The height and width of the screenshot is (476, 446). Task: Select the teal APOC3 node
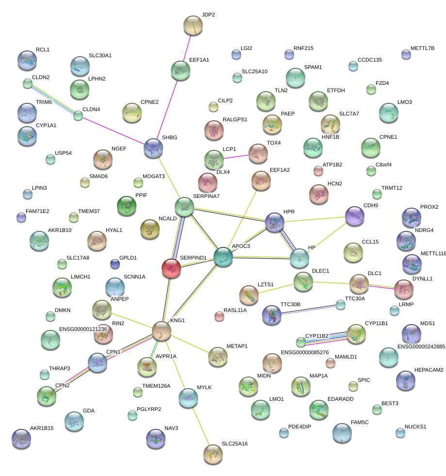click(223, 257)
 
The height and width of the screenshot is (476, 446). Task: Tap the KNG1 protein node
click(162, 330)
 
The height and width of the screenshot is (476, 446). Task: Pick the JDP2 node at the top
click(193, 25)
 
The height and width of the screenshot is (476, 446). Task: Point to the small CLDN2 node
click(28, 83)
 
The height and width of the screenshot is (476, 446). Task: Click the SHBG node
click(153, 148)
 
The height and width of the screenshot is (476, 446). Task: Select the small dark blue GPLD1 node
click(115, 263)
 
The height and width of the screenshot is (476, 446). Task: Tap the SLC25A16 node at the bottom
click(213, 454)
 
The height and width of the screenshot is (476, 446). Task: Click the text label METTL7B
click(422, 49)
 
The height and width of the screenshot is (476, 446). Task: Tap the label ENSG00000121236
click(83, 329)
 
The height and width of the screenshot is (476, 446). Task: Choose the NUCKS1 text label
click(416, 427)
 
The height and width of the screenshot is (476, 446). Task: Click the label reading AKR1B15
click(42, 428)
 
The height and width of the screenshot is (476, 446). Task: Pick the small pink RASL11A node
click(219, 317)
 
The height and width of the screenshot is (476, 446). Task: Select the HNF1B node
click(313, 148)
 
